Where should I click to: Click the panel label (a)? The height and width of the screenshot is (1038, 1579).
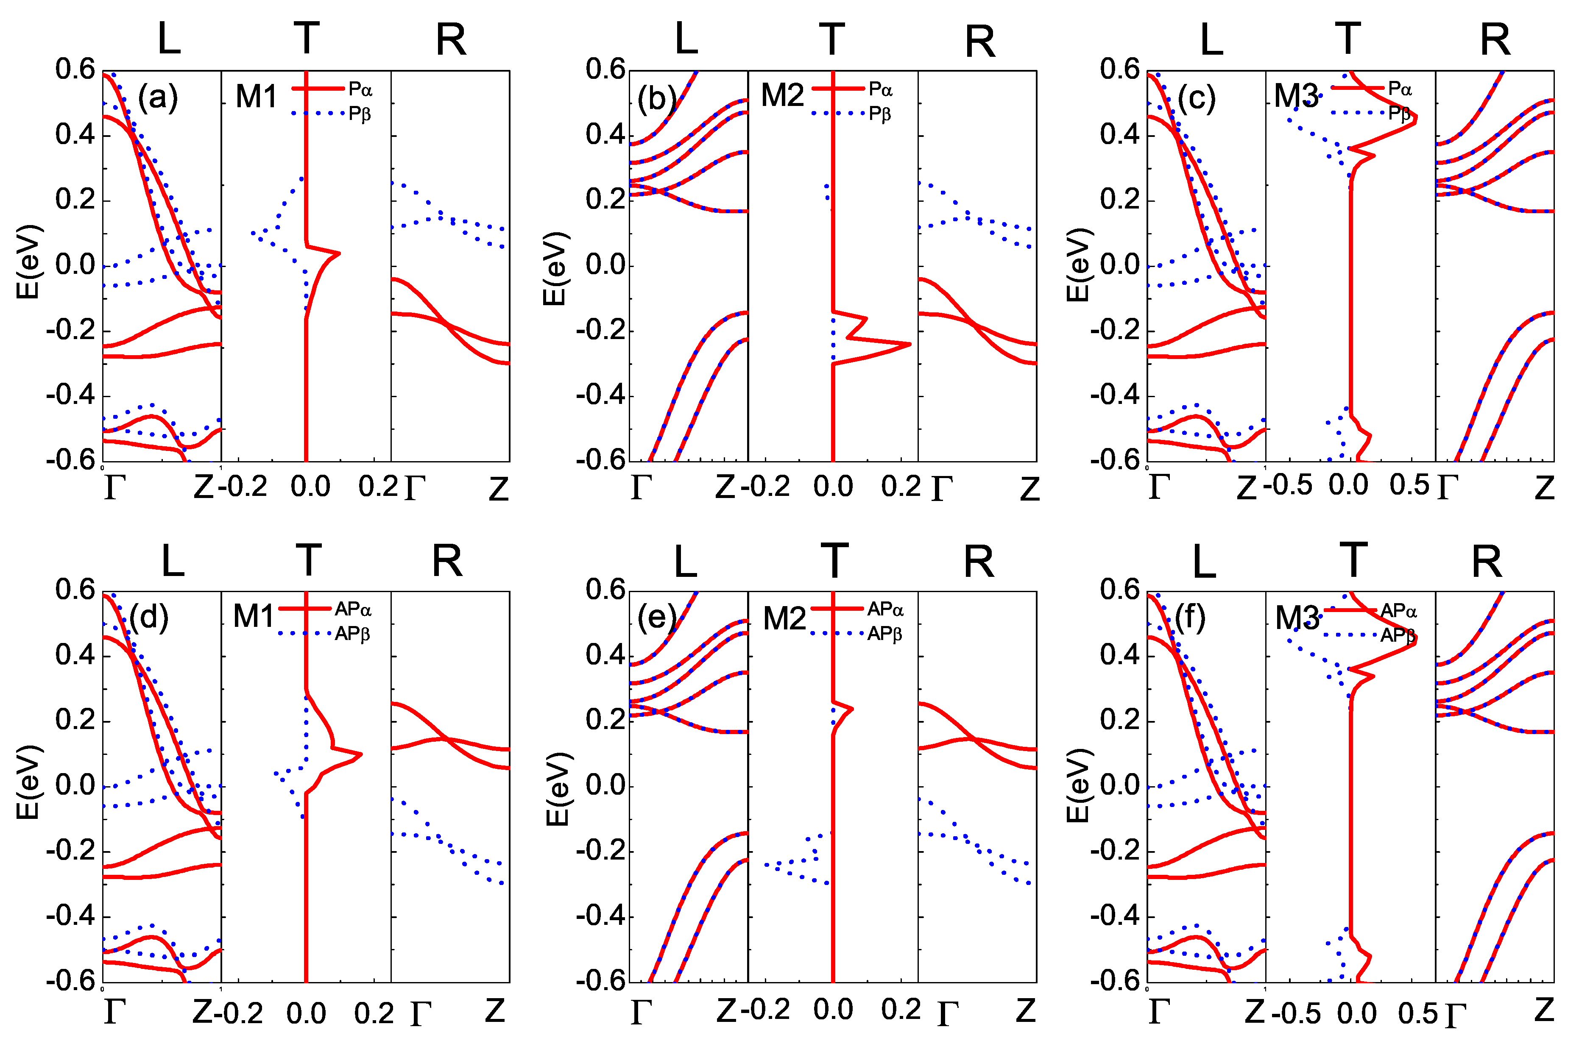(158, 98)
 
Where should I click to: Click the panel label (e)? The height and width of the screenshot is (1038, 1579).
(656, 618)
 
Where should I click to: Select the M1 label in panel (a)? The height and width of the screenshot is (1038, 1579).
(256, 97)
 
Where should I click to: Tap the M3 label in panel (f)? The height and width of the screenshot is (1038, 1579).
(1297, 618)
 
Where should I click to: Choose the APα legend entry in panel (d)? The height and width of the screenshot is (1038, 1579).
(353, 609)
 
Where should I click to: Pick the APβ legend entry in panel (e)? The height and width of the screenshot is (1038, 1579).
(885, 634)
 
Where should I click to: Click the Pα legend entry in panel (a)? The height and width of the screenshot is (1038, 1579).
(360, 89)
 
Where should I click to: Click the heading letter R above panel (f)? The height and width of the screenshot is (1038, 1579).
(1486, 562)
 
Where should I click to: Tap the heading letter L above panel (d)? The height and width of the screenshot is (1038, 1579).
(173, 561)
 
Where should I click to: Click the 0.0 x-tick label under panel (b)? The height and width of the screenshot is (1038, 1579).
(833, 487)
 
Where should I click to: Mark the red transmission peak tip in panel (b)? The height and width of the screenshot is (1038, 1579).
(909, 344)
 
